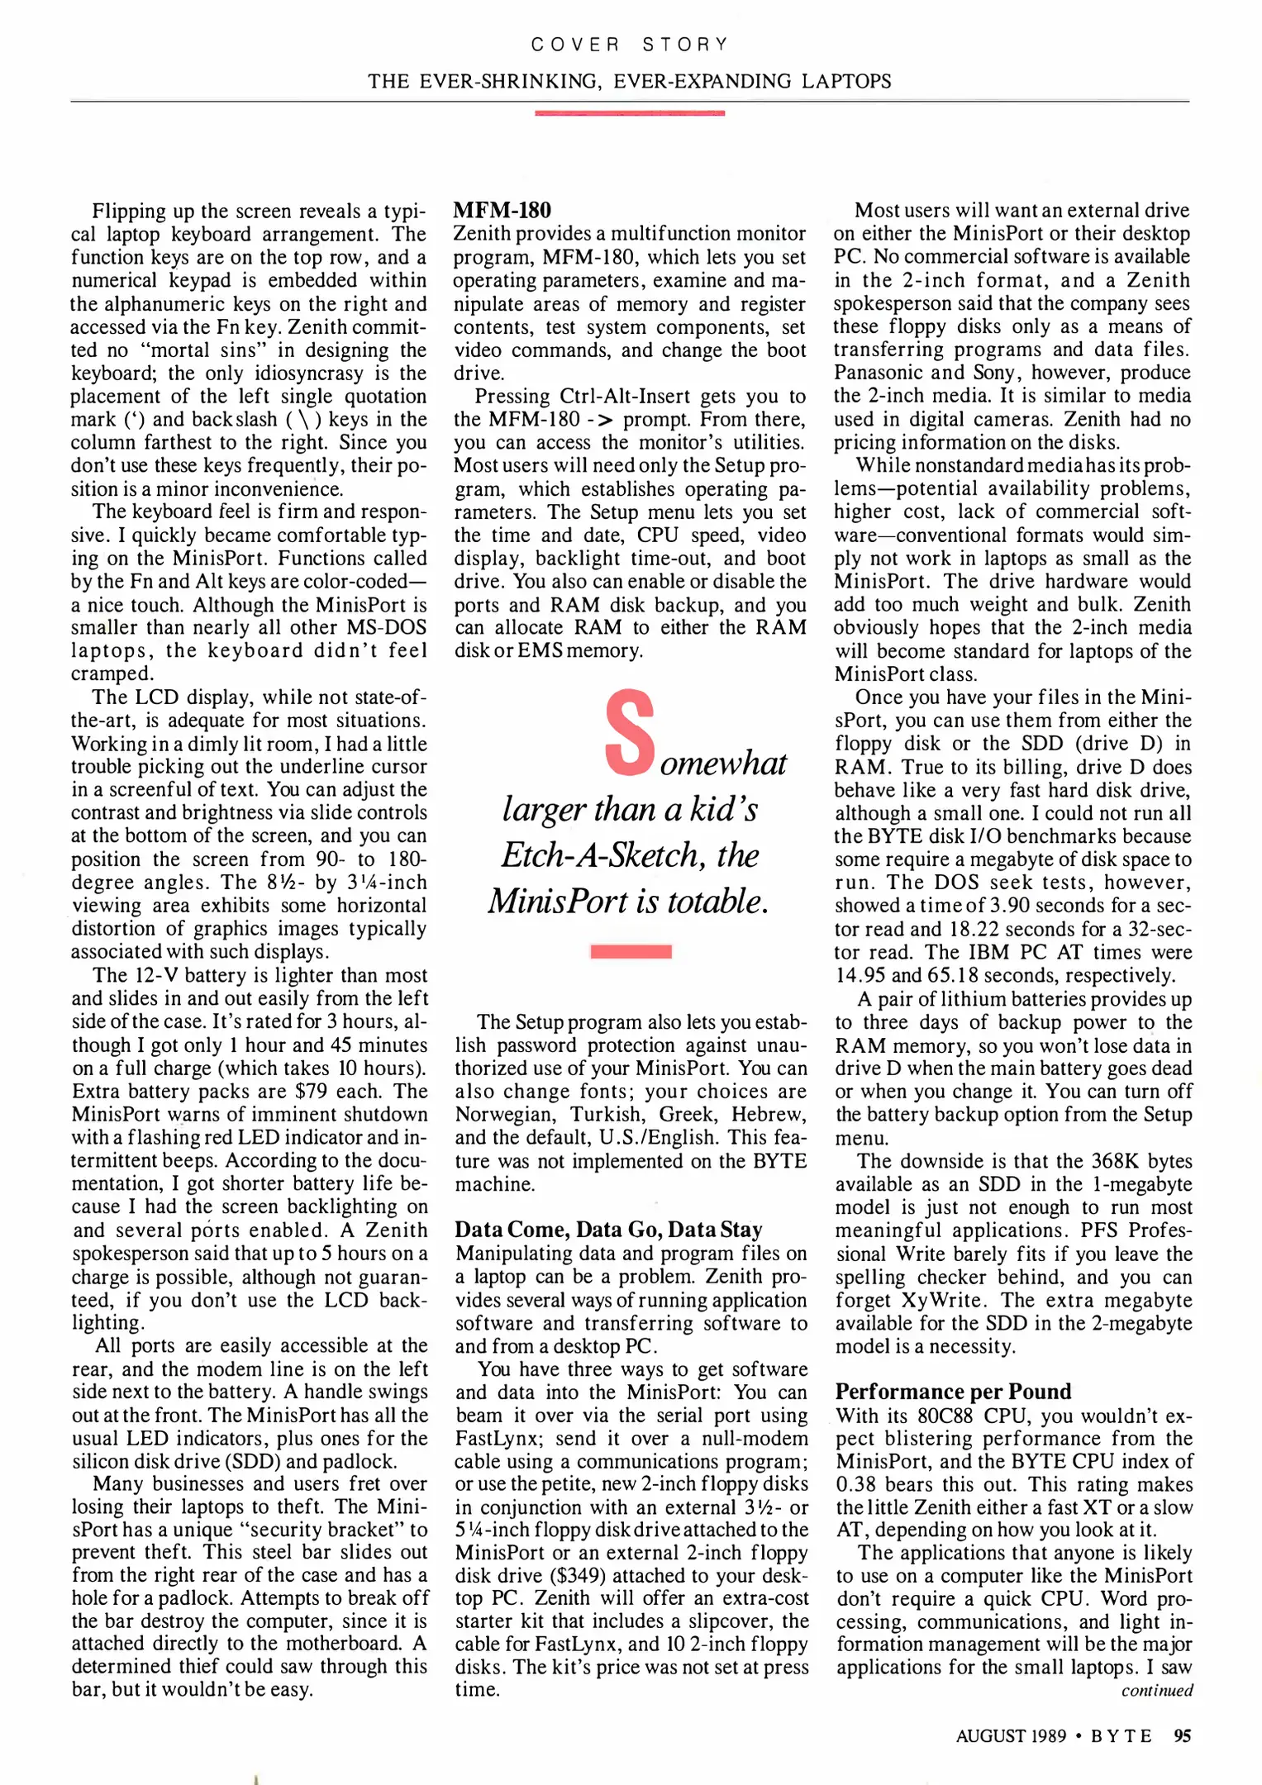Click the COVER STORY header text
pos(630,45)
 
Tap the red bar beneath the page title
pos(630,112)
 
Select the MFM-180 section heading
pos(502,210)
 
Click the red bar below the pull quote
pos(631,951)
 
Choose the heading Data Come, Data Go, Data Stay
pos(608,1230)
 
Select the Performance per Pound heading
pos(953,1392)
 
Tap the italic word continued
pos(1157,1691)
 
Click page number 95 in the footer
pos(1183,1735)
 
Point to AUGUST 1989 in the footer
pos(1011,1735)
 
